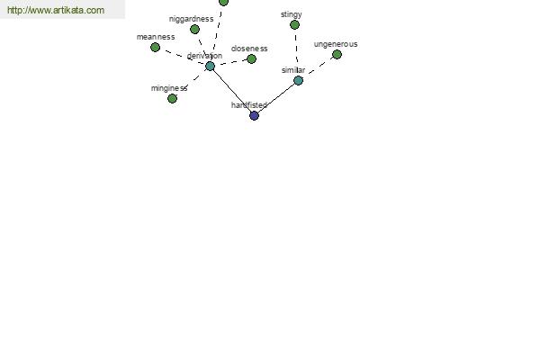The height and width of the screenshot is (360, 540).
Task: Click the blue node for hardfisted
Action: pos(254,116)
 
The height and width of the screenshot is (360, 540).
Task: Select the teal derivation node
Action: pos(210,66)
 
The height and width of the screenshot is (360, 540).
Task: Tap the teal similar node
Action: pos(298,81)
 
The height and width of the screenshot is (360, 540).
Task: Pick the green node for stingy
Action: pos(294,25)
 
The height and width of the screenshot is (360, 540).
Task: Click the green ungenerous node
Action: pos(337,54)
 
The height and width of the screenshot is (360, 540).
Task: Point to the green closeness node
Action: pos(251,58)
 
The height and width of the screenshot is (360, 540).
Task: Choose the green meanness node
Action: pos(156,47)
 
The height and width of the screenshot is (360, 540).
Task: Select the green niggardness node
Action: pos(194,30)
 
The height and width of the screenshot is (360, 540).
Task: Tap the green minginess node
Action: pos(172,98)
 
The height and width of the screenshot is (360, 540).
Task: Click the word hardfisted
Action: pos(249,105)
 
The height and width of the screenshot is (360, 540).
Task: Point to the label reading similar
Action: pos(293,70)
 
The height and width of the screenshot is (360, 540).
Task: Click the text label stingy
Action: pos(292,14)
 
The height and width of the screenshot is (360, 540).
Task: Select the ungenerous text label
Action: pos(336,44)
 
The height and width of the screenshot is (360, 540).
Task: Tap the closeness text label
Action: pos(249,49)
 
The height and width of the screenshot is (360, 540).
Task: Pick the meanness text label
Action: pos(156,37)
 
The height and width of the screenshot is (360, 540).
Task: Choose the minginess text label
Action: pos(169,88)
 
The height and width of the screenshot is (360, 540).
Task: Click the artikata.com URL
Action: pos(56,10)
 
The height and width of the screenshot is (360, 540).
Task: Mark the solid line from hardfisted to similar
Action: pos(276,98)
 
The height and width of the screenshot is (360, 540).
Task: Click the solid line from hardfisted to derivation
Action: pos(232,91)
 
